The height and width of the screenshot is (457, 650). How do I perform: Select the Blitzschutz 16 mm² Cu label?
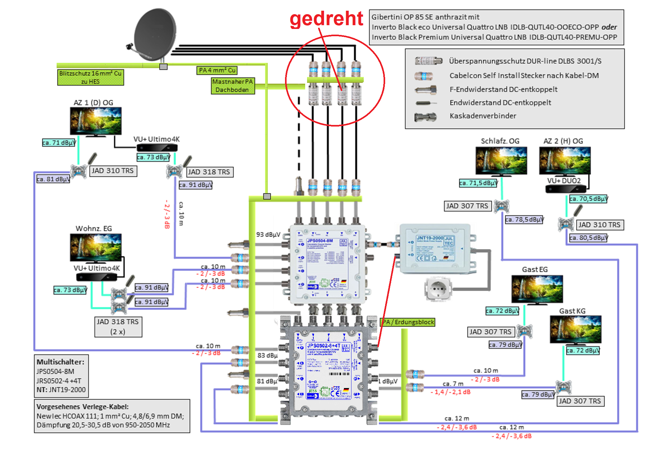coord(90,77)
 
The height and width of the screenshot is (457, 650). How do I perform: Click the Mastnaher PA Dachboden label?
coord(233,86)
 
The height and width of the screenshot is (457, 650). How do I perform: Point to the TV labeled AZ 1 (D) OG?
coord(96,121)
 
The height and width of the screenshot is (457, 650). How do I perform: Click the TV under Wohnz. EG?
coord(96,248)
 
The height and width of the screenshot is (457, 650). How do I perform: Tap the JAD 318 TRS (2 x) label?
coord(118,327)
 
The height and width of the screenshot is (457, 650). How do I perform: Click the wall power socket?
coord(437,288)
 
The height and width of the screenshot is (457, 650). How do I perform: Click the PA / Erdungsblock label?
coord(408,322)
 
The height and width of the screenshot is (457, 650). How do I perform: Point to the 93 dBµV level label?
coord(268,234)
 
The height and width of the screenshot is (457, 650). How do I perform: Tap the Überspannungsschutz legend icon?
coord(428,61)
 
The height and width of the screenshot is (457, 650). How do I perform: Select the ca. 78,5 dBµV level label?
coord(524,219)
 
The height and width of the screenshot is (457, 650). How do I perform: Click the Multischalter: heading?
coord(60,362)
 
